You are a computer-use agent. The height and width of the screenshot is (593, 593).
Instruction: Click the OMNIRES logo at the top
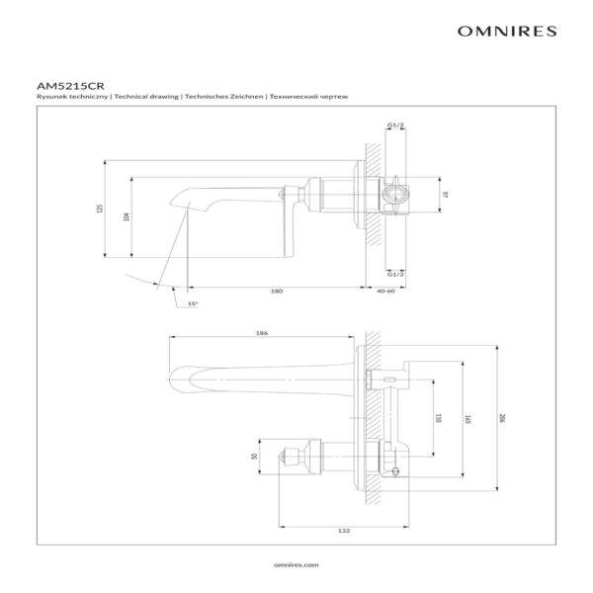pos(507,32)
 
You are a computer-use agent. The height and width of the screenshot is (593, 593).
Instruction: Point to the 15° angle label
pos(193,302)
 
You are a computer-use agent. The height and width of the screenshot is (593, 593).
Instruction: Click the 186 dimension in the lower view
pos(262,333)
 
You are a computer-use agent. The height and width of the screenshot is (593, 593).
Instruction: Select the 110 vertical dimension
pos(438,419)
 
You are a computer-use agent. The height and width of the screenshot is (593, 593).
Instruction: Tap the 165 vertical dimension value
pos(465,419)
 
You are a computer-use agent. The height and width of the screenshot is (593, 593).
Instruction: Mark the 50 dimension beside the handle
pos(254,456)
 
